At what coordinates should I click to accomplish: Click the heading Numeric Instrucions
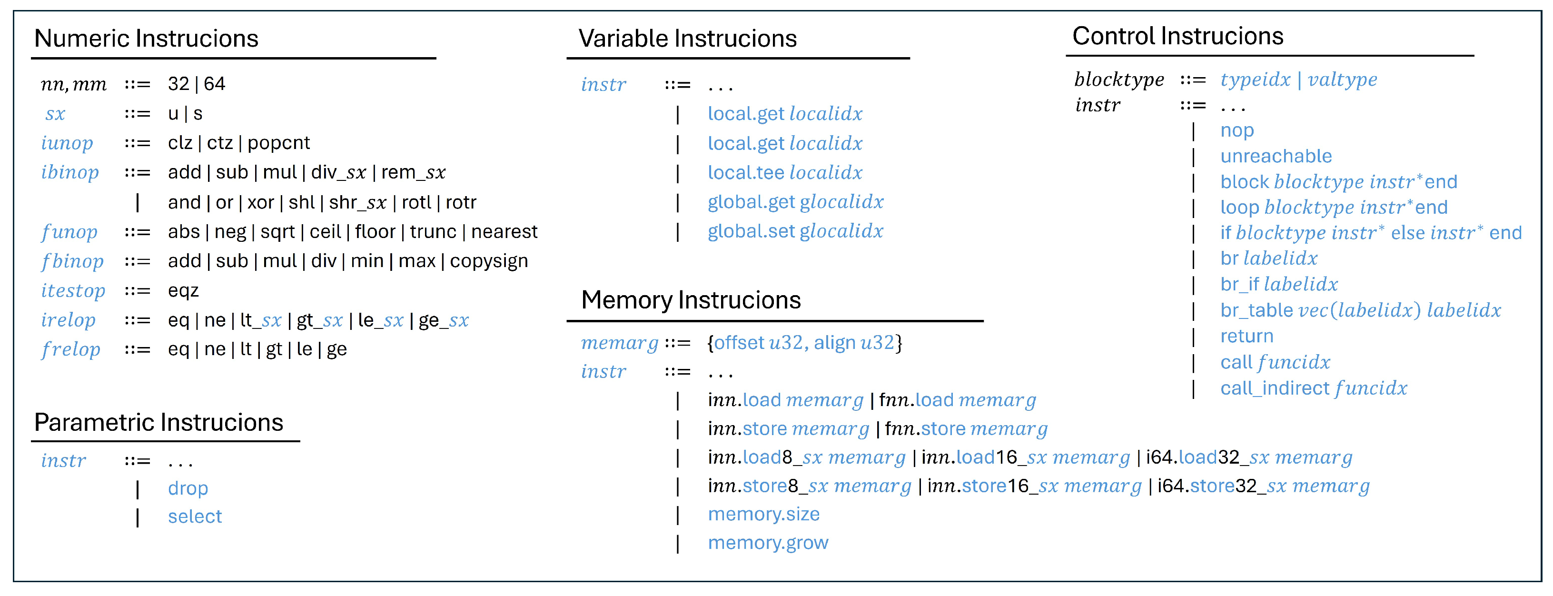pyautogui.click(x=146, y=39)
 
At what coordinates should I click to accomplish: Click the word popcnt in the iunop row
pyautogui.click(x=278, y=143)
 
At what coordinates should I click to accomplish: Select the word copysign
pyautogui.click(x=488, y=261)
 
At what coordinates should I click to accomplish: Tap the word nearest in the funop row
pyautogui.click(x=504, y=232)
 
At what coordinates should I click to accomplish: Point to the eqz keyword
pyautogui.click(x=183, y=291)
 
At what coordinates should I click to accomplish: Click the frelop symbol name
pyautogui.click(x=70, y=349)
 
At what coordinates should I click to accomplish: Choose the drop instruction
pyautogui.click(x=188, y=488)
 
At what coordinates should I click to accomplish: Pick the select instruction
pyautogui.click(x=195, y=517)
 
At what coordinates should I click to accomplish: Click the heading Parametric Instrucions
pyautogui.click(x=158, y=422)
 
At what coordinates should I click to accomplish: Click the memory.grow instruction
pyautogui.click(x=767, y=543)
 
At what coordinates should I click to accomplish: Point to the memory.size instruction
pyautogui.click(x=763, y=514)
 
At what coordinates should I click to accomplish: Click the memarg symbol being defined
pyautogui.click(x=619, y=343)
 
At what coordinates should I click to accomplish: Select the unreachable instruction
pyautogui.click(x=1276, y=156)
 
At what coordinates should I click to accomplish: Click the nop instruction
pyautogui.click(x=1236, y=130)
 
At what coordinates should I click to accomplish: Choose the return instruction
pyautogui.click(x=1247, y=336)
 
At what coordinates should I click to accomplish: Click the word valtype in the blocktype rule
pyautogui.click(x=1342, y=79)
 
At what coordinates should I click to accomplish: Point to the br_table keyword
pyautogui.click(x=1256, y=310)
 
